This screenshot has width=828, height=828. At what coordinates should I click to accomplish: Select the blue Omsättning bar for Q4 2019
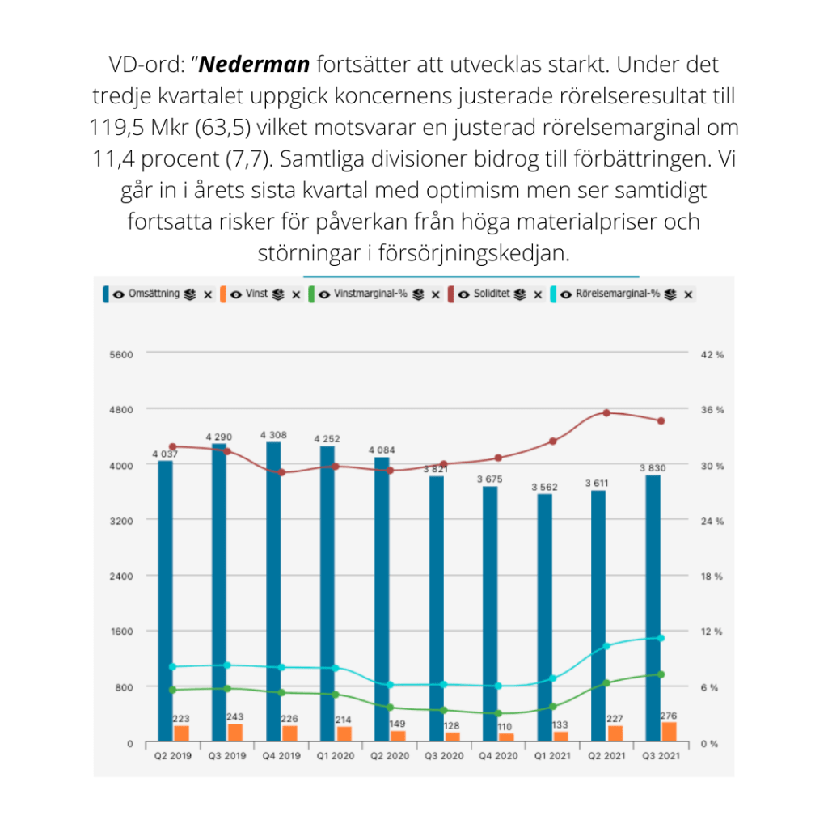pyautogui.click(x=273, y=590)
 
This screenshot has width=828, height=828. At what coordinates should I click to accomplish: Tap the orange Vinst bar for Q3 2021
pyautogui.click(x=669, y=731)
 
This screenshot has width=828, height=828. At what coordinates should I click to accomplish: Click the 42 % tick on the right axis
pyautogui.click(x=712, y=354)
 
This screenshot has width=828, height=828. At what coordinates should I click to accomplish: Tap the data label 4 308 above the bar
pyautogui.click(x=273, y=435)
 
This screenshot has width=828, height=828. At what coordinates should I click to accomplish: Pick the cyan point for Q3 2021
pyautogui.click(x=661, y=638)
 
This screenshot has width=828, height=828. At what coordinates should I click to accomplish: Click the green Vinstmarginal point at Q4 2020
pyautogui.click(x=498, y=713)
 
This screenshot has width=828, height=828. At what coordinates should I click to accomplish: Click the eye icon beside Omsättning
pyautogui.click(x=119, y=295)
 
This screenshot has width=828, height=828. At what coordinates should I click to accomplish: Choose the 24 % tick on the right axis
pyautogui.click(x=712, y=522)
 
